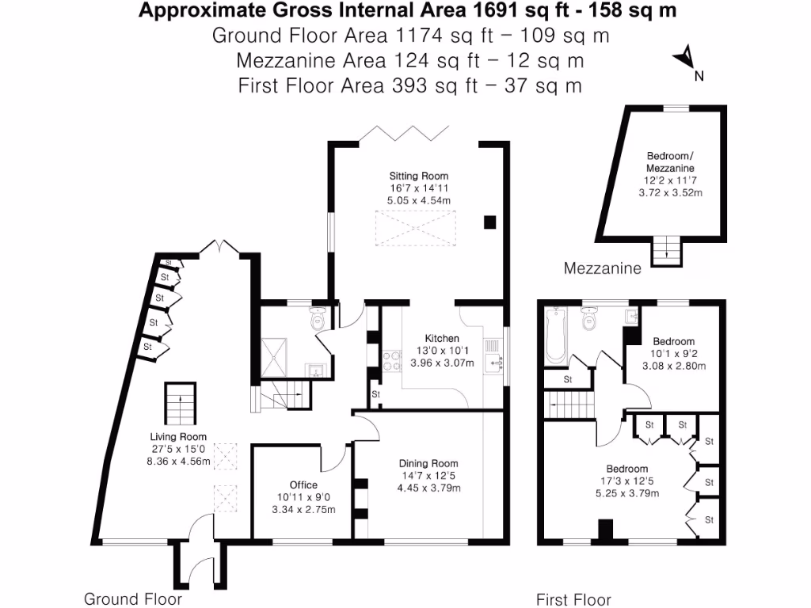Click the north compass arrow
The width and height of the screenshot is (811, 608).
[x=686, y=59]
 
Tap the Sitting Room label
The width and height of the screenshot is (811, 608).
[x=418, y=176]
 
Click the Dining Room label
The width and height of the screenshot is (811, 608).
[x=428, y=463]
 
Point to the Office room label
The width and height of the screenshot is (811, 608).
[x=303, y=484]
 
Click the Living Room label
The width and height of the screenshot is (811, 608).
[x=178, y=436]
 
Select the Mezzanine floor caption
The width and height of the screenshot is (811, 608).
[x=602, y=269]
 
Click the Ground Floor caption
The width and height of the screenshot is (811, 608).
[x=133, y=598]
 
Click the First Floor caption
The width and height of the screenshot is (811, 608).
[x=573, y=599]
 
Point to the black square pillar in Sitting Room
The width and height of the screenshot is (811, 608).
[x=490, y=222]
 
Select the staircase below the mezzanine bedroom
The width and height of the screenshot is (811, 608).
[x=666, y=250]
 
